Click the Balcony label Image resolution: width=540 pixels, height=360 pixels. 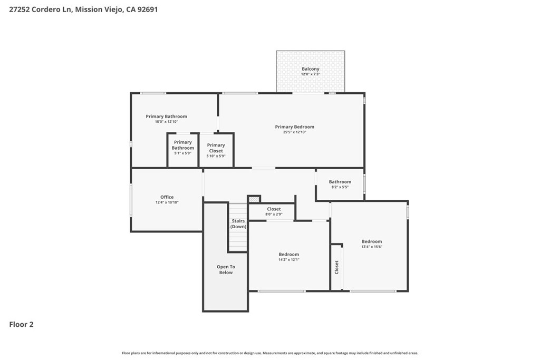[310, 69]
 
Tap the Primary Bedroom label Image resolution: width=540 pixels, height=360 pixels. [294, 127]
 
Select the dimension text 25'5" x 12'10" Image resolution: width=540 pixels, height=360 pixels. [294, 132]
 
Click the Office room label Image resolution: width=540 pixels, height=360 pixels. [167, 197]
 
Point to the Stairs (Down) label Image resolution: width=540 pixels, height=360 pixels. [238, 224]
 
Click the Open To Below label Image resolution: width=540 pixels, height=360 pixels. [226, 269]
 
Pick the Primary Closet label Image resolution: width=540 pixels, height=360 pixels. [216, 148]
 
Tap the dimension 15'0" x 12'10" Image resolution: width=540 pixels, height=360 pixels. [166, 122]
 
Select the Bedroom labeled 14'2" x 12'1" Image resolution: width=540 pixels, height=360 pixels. [288, 254]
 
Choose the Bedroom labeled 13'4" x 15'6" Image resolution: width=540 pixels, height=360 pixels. [372, 241]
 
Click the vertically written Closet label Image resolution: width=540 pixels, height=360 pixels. [336, 267]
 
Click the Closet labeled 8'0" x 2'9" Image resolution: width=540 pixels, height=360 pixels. [274, 209]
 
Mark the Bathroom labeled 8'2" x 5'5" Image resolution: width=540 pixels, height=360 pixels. [340, 182]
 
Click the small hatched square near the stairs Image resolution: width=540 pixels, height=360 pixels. [254, 199]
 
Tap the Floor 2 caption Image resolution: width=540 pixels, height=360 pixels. [21, 325]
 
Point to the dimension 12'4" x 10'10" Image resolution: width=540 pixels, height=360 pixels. [167, 202]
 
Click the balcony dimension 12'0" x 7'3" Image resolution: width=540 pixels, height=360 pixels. [310, 74]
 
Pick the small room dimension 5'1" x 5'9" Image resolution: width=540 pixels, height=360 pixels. [182, 153]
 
